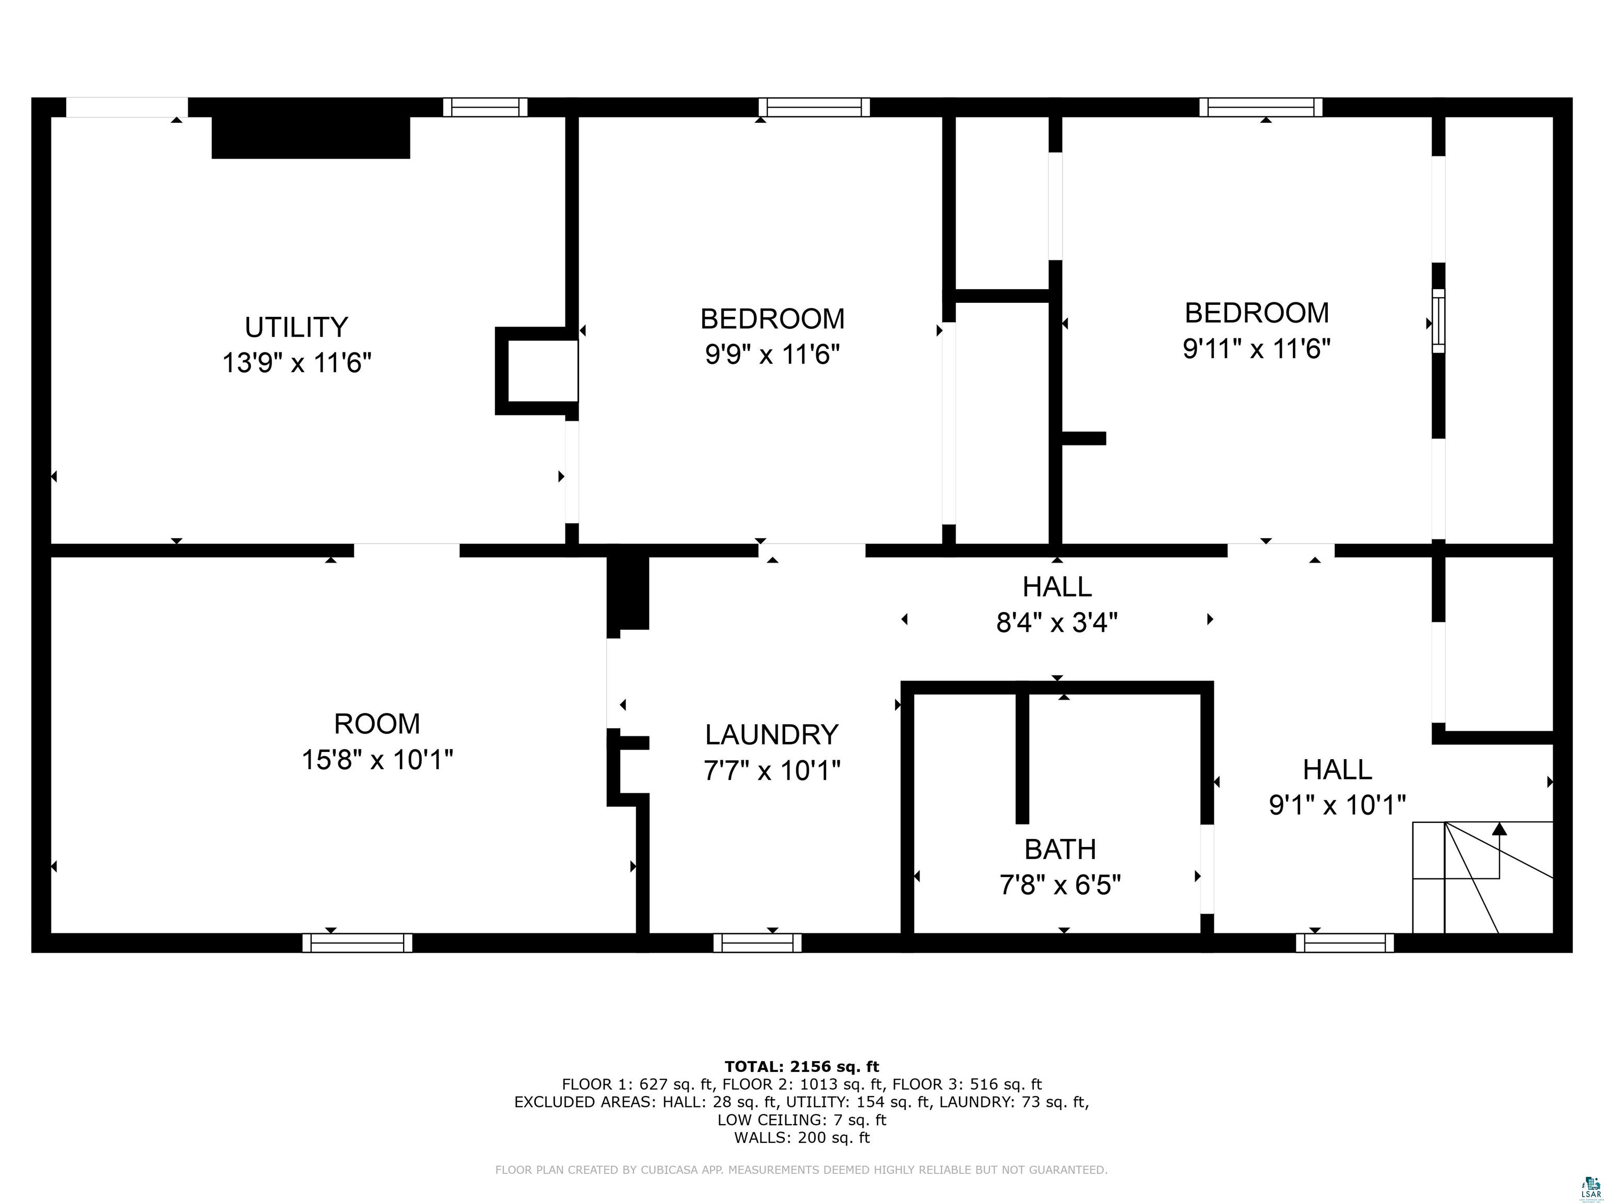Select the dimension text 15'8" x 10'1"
(377, 760)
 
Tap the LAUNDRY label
(772, 735)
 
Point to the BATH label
(1059, 849)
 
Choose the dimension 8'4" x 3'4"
(1056, 622)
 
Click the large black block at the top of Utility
(310, 137)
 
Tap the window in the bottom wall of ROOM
(357, 942)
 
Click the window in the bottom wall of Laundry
(757, 942)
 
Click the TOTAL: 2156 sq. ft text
(801, 1067)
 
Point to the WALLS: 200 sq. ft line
(801, 1137)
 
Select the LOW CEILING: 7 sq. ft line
(801, 1119)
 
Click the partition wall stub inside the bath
(1022, 758)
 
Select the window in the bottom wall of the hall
(1344, 942)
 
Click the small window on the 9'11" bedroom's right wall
(1438, 321)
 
